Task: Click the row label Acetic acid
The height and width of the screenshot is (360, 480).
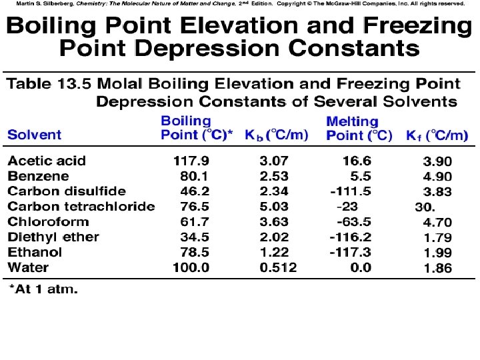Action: pos(47,161)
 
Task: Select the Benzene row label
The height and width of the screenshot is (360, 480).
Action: pos(38,176)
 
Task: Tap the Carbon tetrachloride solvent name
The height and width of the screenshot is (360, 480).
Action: pos(81,207)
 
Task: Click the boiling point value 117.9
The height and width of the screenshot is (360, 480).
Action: pos(191,161)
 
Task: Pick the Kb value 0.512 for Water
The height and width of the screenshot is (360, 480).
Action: pos(278,267)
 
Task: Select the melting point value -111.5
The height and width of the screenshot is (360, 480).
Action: pos(351,191)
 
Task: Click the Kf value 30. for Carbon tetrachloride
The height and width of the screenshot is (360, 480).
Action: pos(425,207)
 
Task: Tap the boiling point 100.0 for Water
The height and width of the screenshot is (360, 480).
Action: pos(191,267)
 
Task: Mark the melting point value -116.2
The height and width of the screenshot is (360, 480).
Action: pos(351,237)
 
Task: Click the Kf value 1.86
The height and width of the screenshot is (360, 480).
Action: pos(437,268)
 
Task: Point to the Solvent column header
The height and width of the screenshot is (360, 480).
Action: pos(34,135)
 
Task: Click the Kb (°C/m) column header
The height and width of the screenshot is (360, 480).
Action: pos(276,135)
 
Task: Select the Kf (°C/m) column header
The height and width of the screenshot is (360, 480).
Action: pos(437,135)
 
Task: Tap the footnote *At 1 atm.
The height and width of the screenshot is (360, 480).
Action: pos(43,290)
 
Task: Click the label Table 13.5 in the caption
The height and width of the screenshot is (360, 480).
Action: pos(49,84)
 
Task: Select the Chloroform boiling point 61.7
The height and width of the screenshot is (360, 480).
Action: pos(195,222)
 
